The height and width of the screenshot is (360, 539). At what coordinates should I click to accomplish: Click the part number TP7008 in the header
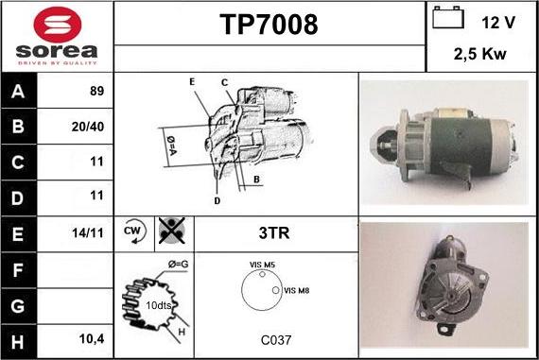point(269,25)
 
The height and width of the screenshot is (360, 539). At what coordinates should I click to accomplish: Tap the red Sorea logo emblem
point(58,25)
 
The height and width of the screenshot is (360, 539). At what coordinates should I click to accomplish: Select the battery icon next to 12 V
point(448,17)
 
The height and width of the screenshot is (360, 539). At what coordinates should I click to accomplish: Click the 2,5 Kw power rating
point(479,54)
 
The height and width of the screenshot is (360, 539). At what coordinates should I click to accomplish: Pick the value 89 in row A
point(97,91)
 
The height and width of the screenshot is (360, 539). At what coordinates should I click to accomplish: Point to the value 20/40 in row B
point(88,127)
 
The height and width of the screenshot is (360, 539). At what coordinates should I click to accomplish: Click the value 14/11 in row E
point(88,233)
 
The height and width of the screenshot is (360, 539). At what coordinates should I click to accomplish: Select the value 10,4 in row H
point(92,339)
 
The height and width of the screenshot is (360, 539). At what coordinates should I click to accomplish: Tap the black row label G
point(18,306)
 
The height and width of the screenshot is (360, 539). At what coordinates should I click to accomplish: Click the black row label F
point(18,270)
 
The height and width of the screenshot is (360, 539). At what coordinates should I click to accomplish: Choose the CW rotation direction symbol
point(134,231)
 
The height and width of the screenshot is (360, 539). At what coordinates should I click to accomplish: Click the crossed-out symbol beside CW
point(172,231)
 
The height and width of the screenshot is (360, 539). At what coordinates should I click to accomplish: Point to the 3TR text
point(274,232)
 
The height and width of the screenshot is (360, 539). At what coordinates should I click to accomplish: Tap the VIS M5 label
point(262,265)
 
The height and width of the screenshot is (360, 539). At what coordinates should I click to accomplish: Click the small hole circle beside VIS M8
point(276,290)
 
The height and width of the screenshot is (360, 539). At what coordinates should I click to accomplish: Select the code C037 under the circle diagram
point(276,340)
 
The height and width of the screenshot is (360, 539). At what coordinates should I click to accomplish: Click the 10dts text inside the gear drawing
point(159,305)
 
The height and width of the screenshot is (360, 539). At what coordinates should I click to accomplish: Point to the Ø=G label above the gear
point(179,265)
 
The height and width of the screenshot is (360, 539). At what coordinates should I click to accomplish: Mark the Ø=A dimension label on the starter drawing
point(171,146)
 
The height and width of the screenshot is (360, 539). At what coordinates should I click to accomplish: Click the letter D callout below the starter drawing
point(217,201)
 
